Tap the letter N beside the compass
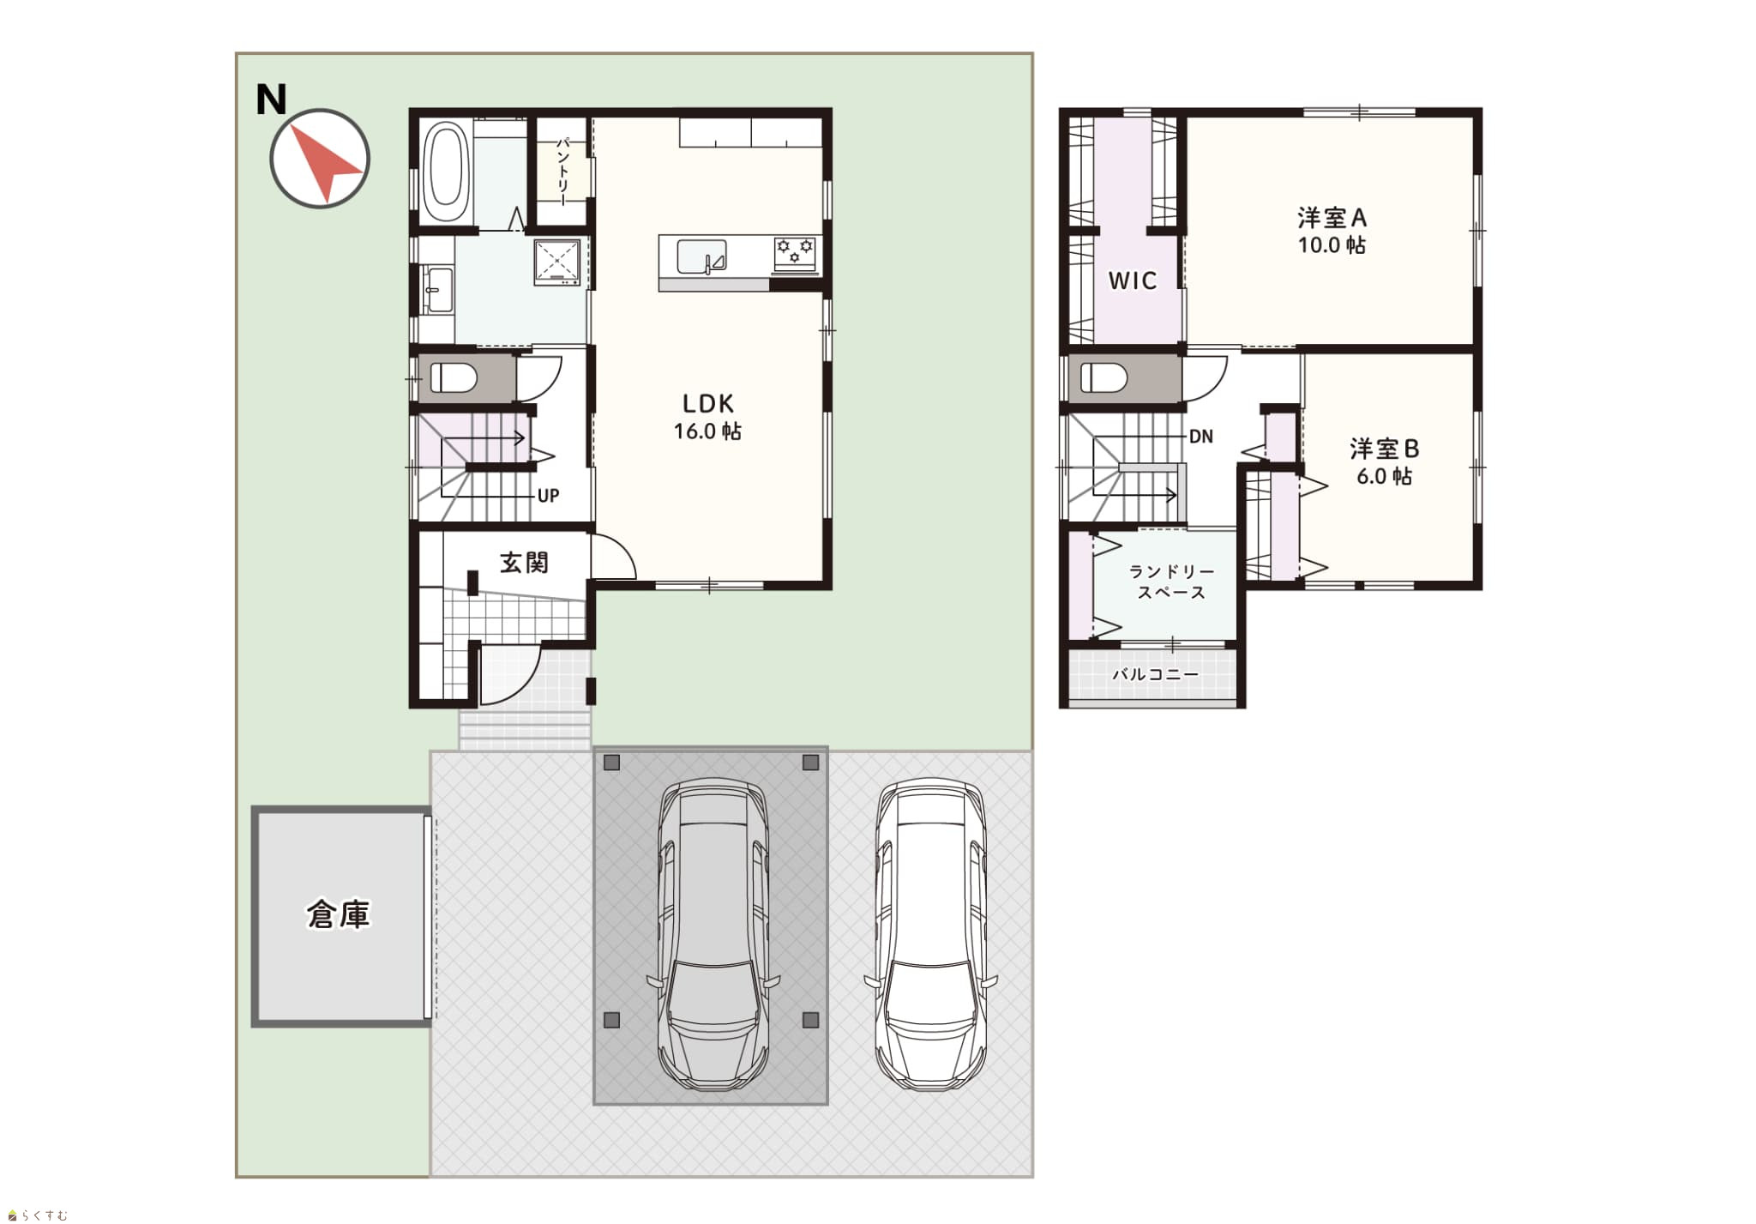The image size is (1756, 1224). pyautogui.click(x=272, y=100)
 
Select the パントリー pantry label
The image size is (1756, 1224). pyautogui.click(x=562, y=171)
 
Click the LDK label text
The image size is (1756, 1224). pyautogui.click(x=708, y=403)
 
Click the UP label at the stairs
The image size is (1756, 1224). pyautogui.click(x=548, y=496)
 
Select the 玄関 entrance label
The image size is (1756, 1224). pyautogui.click(x=524, y=563)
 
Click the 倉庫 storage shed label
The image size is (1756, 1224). pyautogui.click(x=339, y=915)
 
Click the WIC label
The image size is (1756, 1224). pyautogui.click(x=1133, y=280)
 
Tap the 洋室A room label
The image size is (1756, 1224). pyautogui.click(x=1332, y=217)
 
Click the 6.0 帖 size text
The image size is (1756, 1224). pyautogui.click(x=1384, y=476)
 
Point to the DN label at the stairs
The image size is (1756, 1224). pyautogui.click(x=1201, y=437)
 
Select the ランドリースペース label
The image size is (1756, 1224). pyautogui.click(x=1171, y=582)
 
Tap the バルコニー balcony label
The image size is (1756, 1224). pyautogui.click(x=1156, y=675)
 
